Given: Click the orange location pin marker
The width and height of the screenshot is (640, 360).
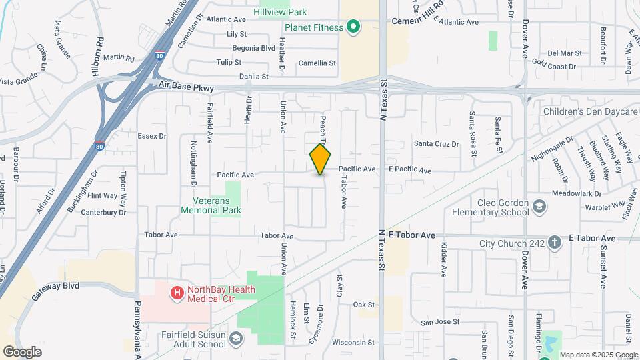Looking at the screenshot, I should click(321, 159).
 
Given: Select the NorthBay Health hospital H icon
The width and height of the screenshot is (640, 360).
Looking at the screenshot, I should click(177, 292).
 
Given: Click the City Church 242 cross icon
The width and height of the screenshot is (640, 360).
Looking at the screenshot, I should click(555, 243).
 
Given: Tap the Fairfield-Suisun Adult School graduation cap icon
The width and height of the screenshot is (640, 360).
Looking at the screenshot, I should click(235, 340).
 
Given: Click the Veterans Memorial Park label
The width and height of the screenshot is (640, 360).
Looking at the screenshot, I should click(211, 205).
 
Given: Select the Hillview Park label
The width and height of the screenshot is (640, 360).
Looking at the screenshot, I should click(280, 12).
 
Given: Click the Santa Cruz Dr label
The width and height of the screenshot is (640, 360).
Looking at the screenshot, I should click(437, 143).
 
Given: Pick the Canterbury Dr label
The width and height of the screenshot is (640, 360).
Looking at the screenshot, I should click(103, 213).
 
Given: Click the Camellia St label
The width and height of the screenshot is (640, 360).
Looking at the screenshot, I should click(317, 63).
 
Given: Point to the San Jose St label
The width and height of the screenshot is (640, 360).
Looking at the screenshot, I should click(440, 322).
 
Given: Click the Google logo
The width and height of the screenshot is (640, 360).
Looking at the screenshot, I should click(22, 351).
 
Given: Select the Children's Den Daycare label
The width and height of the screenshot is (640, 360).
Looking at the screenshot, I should click(591, 111).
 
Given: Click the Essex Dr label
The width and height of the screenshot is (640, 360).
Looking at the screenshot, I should click(151, 136).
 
